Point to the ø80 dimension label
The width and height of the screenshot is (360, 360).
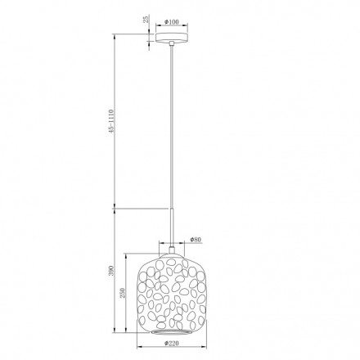196,239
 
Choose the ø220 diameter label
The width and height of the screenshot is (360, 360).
172,343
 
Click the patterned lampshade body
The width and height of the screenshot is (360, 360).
172,290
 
